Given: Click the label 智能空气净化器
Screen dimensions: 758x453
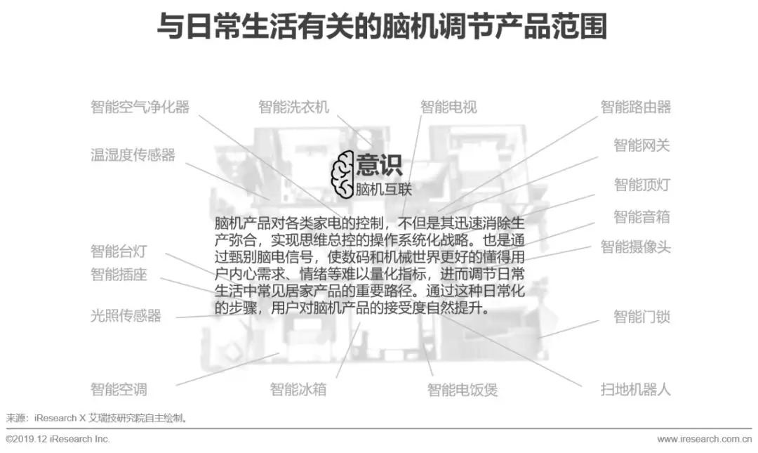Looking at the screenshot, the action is click(140, 107).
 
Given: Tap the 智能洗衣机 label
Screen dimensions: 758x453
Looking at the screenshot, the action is click(293, 107).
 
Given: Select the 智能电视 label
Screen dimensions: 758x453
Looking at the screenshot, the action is click(448, 107).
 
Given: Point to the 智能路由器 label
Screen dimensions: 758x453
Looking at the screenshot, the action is click(635, 107).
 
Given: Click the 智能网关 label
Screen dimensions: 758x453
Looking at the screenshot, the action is click(641, 145).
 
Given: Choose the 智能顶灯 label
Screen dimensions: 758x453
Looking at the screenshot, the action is click(641, 185).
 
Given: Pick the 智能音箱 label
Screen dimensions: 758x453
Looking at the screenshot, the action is click(641, 216).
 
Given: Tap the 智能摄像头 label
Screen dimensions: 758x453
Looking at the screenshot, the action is click(635, 247).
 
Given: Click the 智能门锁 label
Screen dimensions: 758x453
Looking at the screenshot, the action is click(641, 317).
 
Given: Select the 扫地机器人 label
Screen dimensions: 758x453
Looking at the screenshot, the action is click(635, 389).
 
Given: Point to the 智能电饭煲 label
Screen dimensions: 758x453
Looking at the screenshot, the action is click(463, 389).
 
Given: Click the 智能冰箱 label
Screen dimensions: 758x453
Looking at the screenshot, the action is click(298, 389).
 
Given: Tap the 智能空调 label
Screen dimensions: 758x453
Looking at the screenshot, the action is click(119, 389).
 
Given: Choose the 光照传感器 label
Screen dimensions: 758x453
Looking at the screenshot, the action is click(126, 316).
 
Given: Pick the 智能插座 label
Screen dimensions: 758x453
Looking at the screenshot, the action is click(119, 275).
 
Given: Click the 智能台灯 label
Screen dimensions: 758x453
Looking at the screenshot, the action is click(119, 251).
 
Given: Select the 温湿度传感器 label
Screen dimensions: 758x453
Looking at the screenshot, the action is click(133, 155).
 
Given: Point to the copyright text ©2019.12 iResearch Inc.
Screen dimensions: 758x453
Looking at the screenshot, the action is click(58, 439).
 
